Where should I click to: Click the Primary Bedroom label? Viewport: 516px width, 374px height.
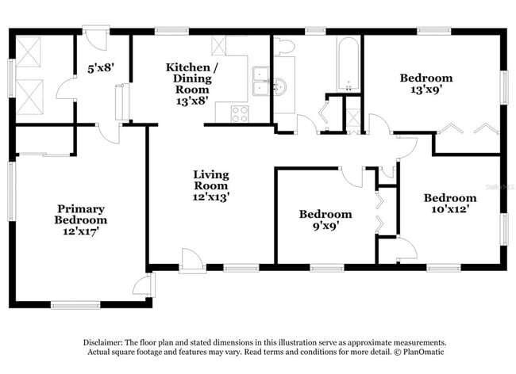[80, 215]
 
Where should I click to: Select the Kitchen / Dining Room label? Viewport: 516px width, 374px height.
[187, 78]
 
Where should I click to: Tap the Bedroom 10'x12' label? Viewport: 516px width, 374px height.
[449, 204]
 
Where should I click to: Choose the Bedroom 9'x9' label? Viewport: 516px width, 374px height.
[325, 219]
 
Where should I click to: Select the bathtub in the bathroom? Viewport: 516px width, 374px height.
[347, 64]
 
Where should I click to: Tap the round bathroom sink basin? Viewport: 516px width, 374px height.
[282, 86]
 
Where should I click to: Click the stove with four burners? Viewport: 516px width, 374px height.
[239, 113]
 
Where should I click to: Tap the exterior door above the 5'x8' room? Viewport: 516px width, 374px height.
[95, 38]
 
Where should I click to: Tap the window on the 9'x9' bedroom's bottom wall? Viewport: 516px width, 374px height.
[322, 266]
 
